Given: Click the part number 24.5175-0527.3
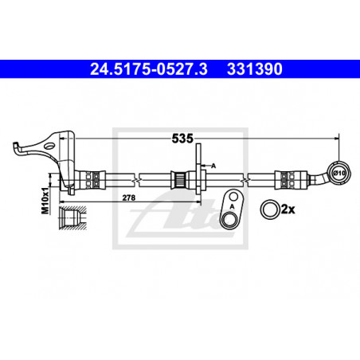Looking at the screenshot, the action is [149, 69].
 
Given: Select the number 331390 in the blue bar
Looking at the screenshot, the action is [255, 69].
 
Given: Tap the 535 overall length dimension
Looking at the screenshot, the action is [182, 139].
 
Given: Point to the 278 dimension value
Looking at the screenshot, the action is [129, 198].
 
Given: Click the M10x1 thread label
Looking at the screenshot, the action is [45, 201].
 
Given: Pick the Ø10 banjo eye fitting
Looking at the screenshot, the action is [339, 173].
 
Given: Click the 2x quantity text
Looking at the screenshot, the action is [288, 209].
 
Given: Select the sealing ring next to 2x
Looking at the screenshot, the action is [270, 209].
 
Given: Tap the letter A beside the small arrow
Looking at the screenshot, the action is [213, 166].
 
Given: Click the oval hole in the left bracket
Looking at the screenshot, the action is [49, 146].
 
